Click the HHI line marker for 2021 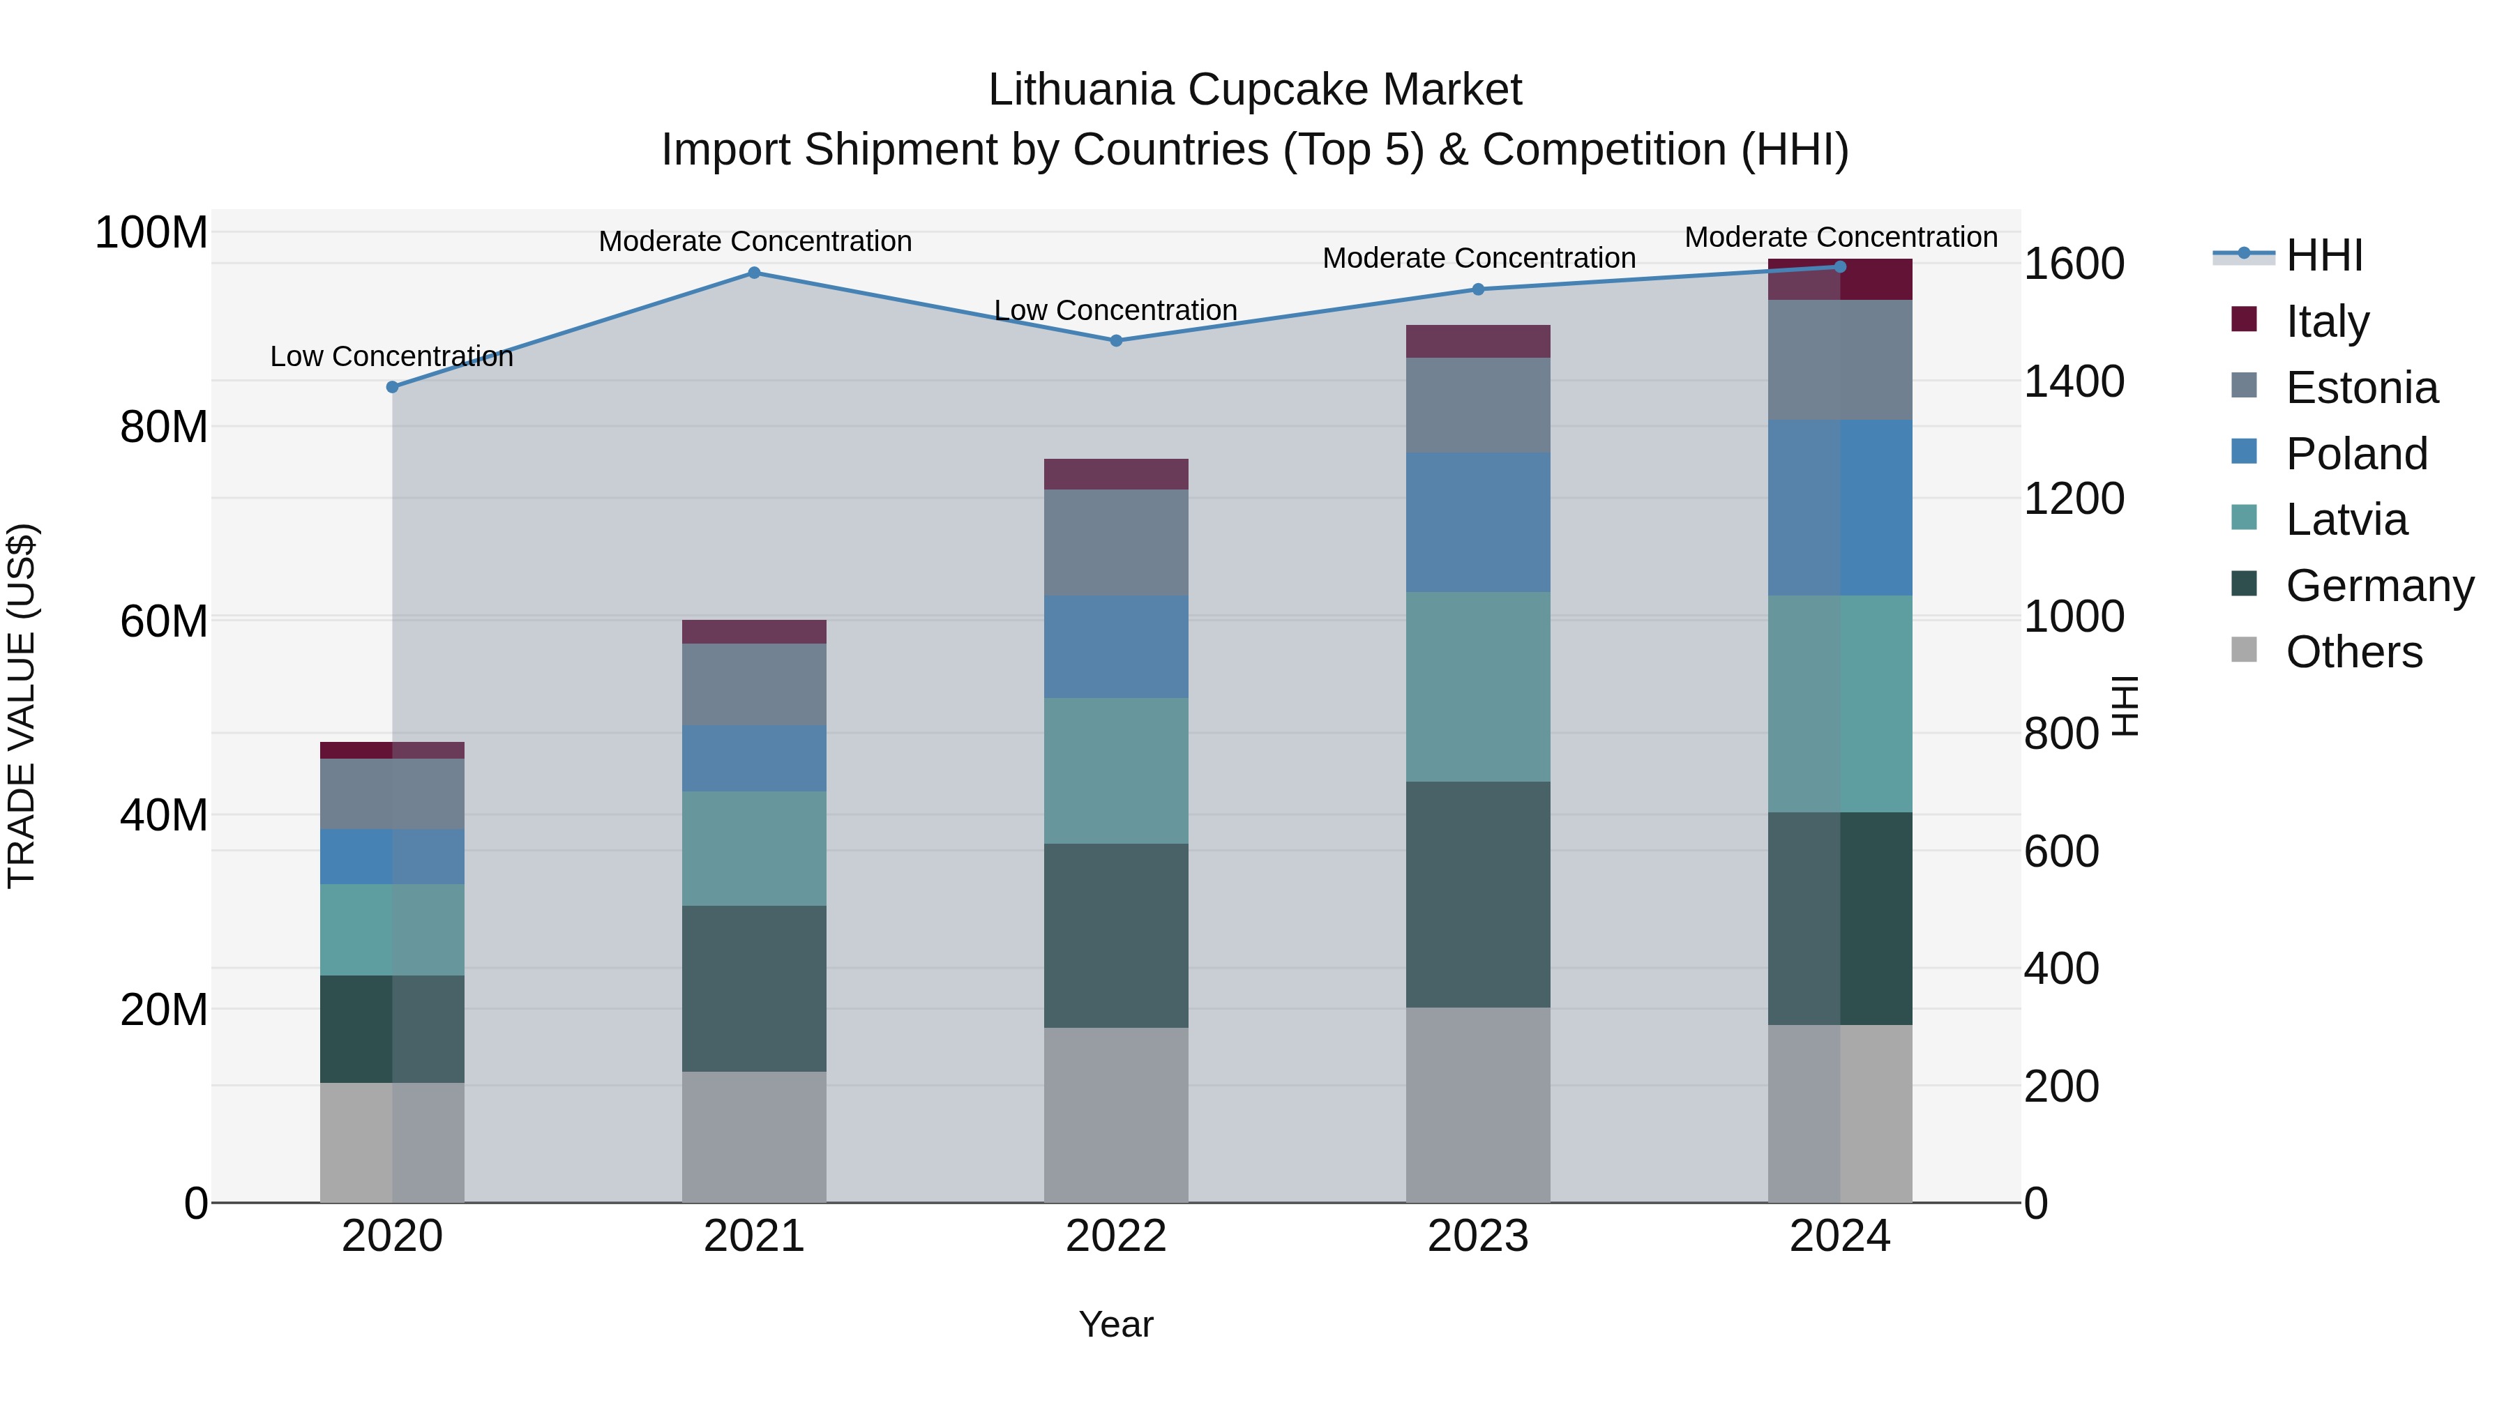[753, 273]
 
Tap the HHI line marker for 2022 [1116, 341]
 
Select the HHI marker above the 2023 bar [1478, 289]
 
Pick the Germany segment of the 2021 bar [753, 988]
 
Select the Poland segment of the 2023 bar [1478, 522]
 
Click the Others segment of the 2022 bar [1116, 1115]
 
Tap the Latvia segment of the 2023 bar [1478, 687]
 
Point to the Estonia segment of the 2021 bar [753, 684]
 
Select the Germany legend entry [2378, 586]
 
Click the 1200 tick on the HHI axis [2074, 499]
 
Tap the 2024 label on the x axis [1839, 1236]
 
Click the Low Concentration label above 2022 [1115, 310]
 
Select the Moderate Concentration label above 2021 [755, 241]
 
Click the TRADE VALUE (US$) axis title [22, 706]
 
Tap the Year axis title [1115, 1324]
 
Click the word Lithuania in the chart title [1080, 90]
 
